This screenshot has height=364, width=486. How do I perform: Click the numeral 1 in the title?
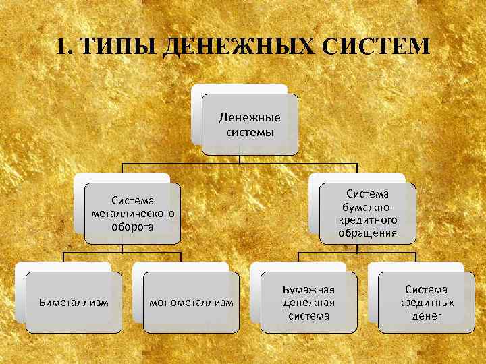(x=61, y=47)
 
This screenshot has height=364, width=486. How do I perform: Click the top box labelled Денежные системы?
(x=250, y=125)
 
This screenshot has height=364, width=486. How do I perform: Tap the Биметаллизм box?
(x=74, y=303)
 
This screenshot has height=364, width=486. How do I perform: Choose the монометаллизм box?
(x=191, y=303)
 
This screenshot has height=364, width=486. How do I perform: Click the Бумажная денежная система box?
(x=308, y=303)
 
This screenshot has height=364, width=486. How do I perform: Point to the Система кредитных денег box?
(x=426, y=303)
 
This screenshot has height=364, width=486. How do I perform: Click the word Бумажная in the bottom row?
(x=308, y=290)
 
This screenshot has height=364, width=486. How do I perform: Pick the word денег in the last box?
(x=426, y=315)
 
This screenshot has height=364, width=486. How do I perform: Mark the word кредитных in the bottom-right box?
(x=426, y=303)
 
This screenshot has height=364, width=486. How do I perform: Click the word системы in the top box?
(x=250, y=131)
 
